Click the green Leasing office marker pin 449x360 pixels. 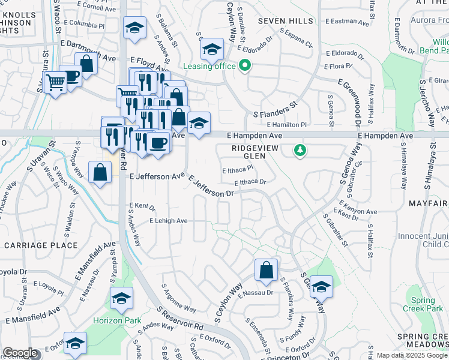tap(244, 66)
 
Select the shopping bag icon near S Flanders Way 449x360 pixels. tap(266, 271)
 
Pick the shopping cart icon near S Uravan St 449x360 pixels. tap(55, 82)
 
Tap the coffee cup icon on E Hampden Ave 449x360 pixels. tap(158, 144)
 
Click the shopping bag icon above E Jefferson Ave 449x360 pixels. tap(100, 173)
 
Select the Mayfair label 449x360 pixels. tap(429, 203)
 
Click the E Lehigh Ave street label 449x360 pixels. tap(169, 221)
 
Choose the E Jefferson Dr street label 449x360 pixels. tap(211, 186)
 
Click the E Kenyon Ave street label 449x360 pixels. tap(356, 211)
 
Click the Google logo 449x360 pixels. tap(20, 353)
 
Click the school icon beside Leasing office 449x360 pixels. tap(211, 50)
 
